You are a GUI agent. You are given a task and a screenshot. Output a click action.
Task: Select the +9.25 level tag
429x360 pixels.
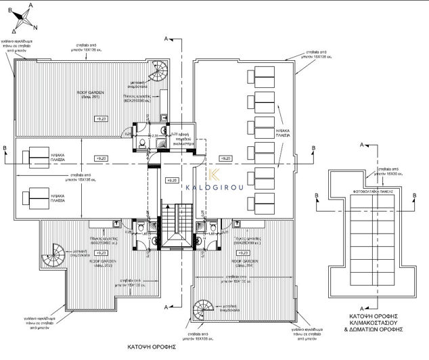point(171,181)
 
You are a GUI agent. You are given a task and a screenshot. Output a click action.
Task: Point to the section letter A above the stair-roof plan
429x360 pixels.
point(363,145)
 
